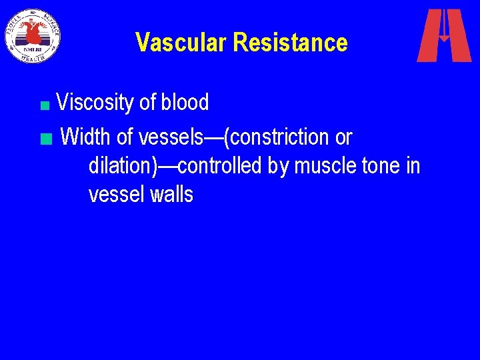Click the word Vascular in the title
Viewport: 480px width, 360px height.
pos(182,43)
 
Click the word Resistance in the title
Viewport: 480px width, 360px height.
pos(291,43)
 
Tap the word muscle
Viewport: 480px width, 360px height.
pos(323,166)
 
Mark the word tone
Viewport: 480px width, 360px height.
pos(380,166)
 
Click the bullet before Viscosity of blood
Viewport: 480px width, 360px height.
pos(44,105)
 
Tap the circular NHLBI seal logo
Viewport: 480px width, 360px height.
pos(33,35)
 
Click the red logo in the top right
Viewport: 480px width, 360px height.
pos(444,35)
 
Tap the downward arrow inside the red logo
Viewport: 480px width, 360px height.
pos(444,30)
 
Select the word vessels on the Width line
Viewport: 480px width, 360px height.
pos(170,137)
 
